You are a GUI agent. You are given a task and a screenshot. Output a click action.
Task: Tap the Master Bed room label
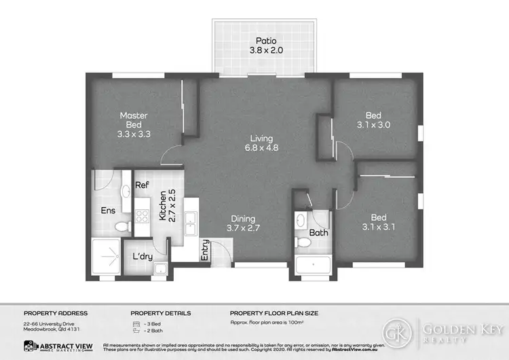click(134, 125)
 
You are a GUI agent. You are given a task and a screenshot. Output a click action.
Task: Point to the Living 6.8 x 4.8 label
click(261, 143)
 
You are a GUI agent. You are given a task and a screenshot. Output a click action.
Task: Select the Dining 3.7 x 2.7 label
click(242, 223)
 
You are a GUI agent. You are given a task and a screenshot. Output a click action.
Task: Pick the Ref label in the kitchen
click(142, 185)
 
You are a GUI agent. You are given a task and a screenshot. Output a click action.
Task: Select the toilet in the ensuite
click(121, 226)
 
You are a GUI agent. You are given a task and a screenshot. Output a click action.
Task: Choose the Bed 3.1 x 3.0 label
click(373, 120)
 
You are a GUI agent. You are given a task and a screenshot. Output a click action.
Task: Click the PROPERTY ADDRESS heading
click(56, 313)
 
